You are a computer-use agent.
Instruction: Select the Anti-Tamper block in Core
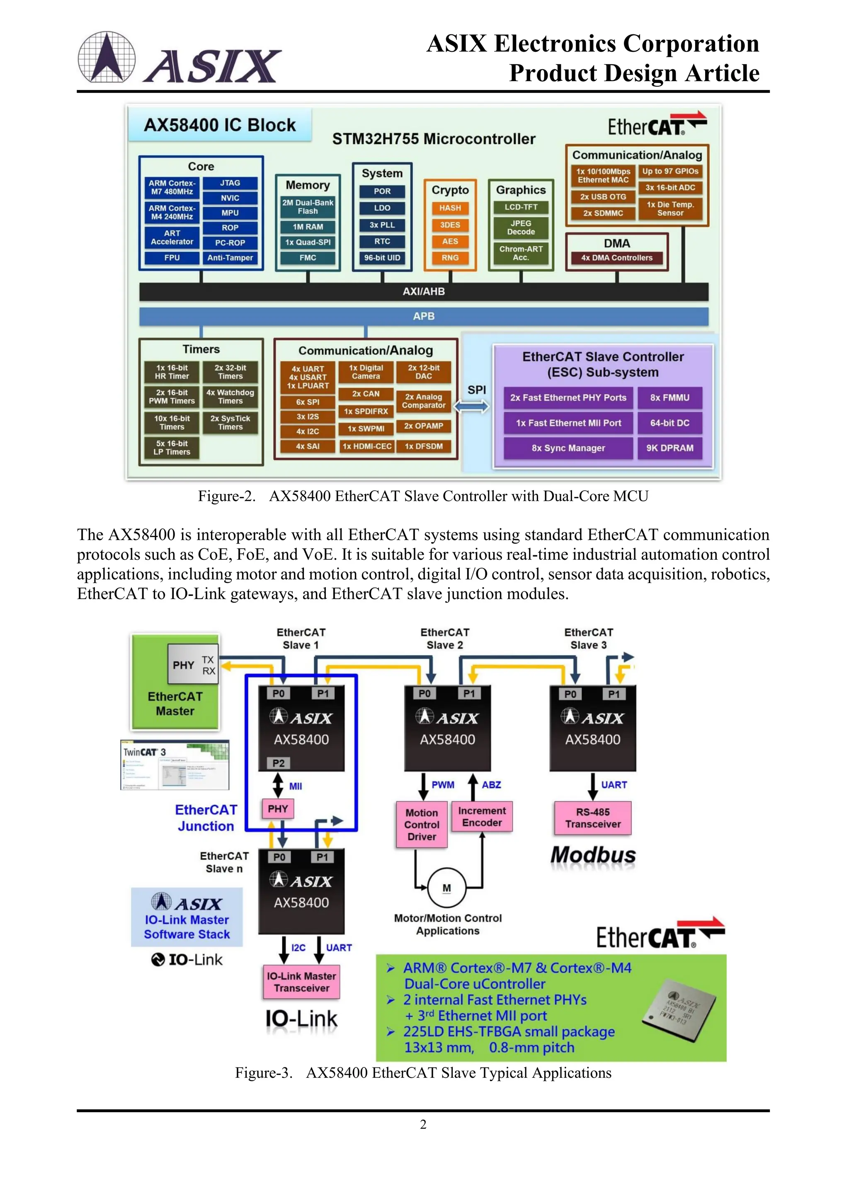230,258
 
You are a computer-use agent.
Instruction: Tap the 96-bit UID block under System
382,258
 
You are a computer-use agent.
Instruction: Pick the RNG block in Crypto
450,258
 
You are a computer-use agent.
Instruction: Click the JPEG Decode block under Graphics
521,227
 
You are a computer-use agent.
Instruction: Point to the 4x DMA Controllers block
616,258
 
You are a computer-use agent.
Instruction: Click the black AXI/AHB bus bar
423,292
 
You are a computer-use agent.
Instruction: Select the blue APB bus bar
423,316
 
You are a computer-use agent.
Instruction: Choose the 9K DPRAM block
669,448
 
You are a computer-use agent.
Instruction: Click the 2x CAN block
365,394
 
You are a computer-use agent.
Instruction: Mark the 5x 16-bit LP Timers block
172,448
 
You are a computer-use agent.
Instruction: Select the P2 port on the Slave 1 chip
279,763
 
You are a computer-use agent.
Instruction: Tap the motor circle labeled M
446,888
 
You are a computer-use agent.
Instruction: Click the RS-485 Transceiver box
592,818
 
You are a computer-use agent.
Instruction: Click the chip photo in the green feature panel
678,1009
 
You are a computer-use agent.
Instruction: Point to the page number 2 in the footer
423,1124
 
